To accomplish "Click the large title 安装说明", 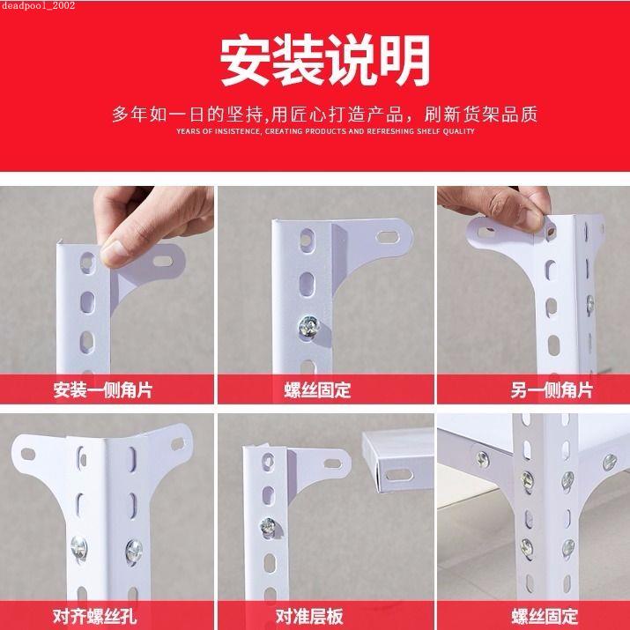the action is click(x=325, y=60).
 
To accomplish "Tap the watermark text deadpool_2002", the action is click(x=38, y=5).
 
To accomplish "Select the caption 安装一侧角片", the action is click(x=103, y=390).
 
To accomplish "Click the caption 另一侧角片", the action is click(x=552, y=390).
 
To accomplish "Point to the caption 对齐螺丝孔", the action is click(x=95, y=616).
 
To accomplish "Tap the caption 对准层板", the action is click(x=309, y=616).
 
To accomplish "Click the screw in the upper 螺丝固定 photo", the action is click(x=309, y=326).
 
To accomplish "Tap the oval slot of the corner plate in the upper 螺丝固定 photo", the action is click(x=388, y=237).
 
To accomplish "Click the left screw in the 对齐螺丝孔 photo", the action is click(x=78, y=548).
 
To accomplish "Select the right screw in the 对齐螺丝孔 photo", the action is click(x=134, y=552).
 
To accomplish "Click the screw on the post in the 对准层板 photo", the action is click(x=268, y=527).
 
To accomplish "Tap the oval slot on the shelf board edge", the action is click(x=399, y=475).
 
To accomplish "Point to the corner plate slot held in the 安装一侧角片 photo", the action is click(x=163, y=261).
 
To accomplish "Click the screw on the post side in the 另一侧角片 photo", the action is click(x=589, y=304).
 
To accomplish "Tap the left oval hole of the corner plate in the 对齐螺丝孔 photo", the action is click(x=28, y=455).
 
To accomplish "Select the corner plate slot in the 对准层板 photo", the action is click(x=333, y=463).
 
